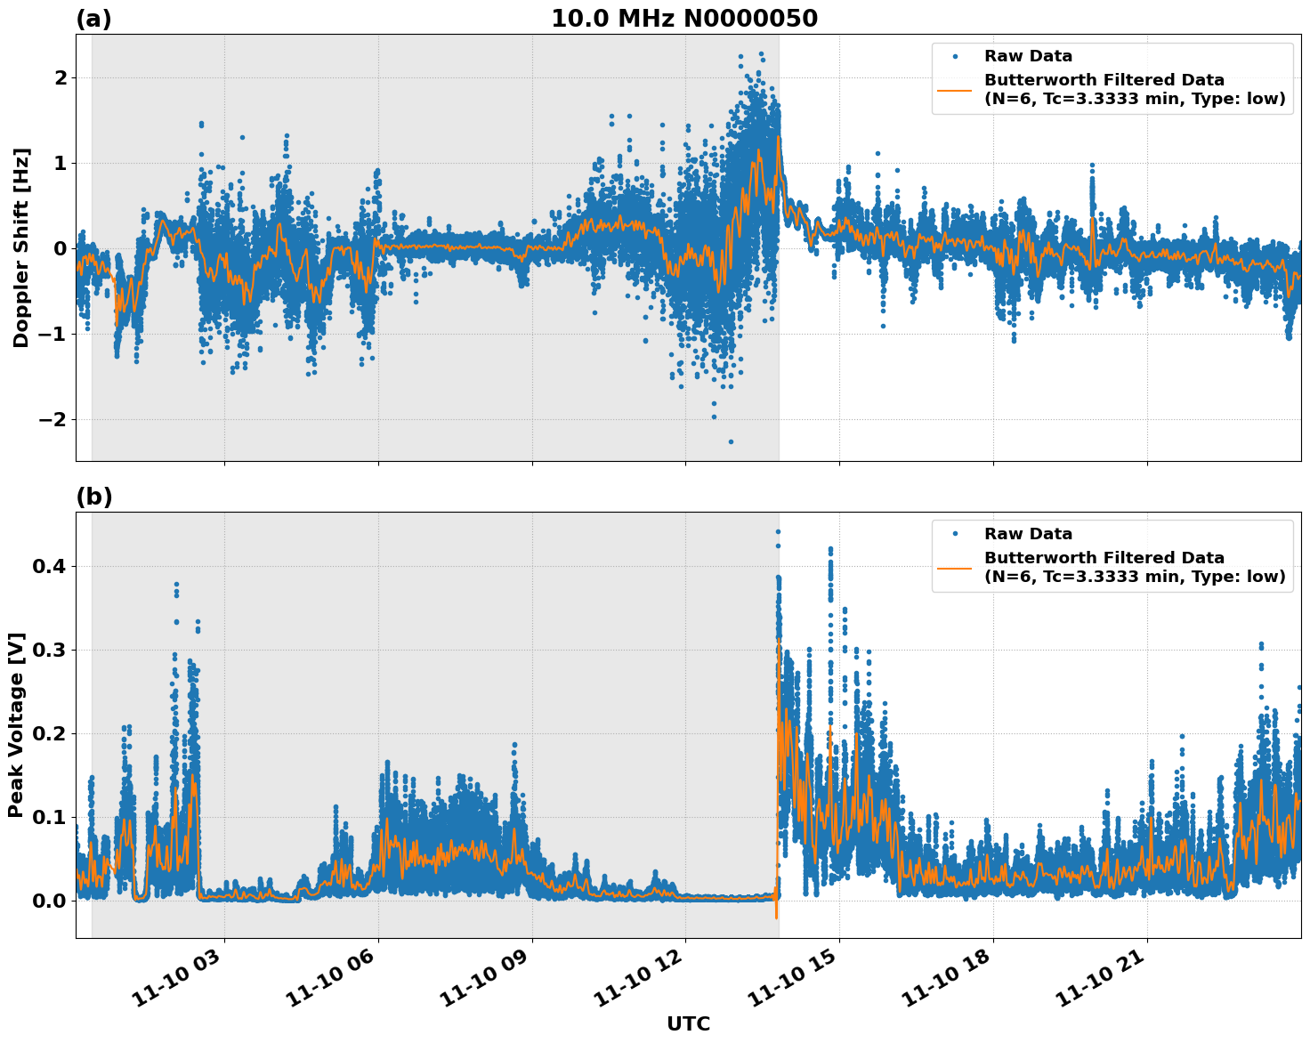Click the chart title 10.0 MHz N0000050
pyautogui.click(x=683, y=19)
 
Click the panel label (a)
pyautogui.click(x=93, y=20)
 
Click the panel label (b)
pyautogui.click(x=93, y=497)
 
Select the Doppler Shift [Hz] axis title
pyautogui.click(x=21, y=247)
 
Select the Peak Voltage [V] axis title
pyautogui.click(x=16, y=724)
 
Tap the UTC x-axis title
pyautogui.click(x=688, y=1024)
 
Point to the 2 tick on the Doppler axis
pyautogui.click(x=61, y=78)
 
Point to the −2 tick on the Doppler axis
pyautogui.click(x=53, y=419)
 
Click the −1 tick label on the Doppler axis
pyautogui.click(x=53, y=334)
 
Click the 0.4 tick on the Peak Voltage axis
pyautogui.click(x=50, y=567)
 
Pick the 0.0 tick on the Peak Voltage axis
pyautogui.click(x=50, y=901)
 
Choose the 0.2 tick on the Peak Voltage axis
pyautogui.click(x=50, y=734)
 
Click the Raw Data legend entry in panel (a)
pyautogui.click(x=1028, y=57)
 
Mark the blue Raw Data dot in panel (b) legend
pyautogui.click(x=955, y=534)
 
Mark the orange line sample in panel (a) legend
pyautogui.click(x=955, y=89)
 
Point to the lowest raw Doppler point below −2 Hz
pyautogui.click(x=731, y=441)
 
